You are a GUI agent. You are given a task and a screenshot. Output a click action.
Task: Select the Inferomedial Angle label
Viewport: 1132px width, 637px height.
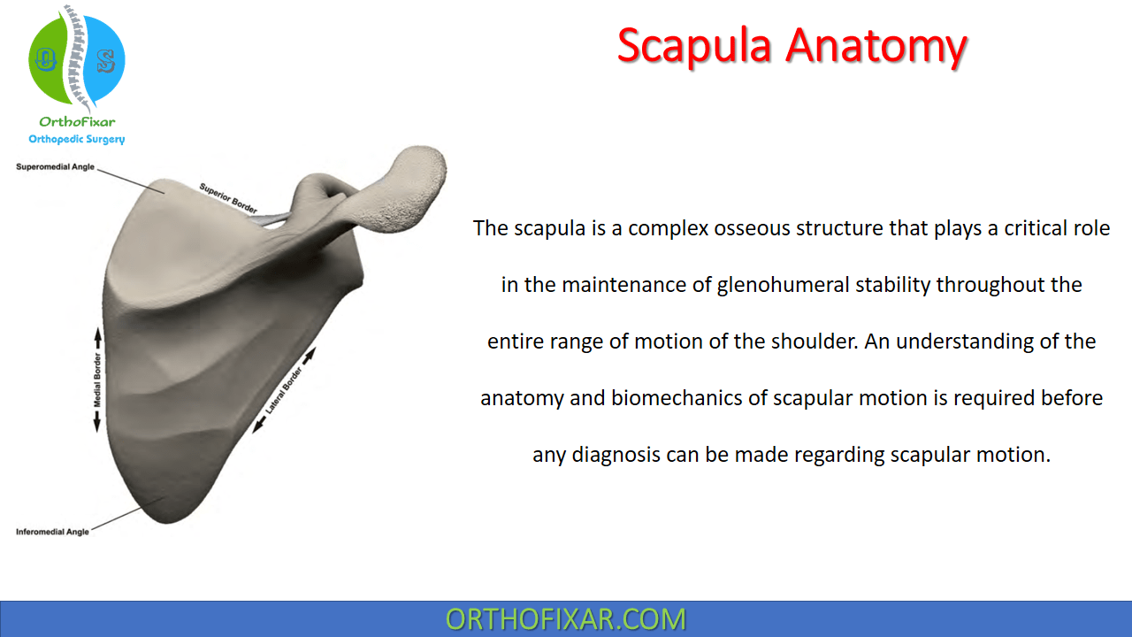point(52,532)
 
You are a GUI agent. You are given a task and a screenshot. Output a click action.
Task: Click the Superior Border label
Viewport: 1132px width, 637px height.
point(228,198)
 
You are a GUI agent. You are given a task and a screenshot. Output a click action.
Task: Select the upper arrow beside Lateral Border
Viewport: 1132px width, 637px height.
point(310,357)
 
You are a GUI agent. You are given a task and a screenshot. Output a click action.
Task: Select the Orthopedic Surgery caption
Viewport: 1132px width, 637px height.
point(77,139)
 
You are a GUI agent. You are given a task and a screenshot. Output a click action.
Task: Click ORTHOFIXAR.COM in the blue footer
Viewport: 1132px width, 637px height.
point(565,618)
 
